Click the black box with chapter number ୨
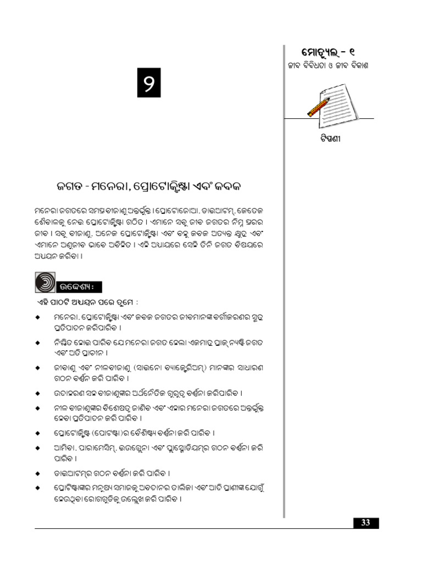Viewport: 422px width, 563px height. click(148, 83)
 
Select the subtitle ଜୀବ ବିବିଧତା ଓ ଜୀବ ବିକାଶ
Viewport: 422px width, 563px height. click(327, 66)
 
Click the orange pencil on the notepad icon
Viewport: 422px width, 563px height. click(319, 107)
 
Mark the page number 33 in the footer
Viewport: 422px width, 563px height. click(365, 523)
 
